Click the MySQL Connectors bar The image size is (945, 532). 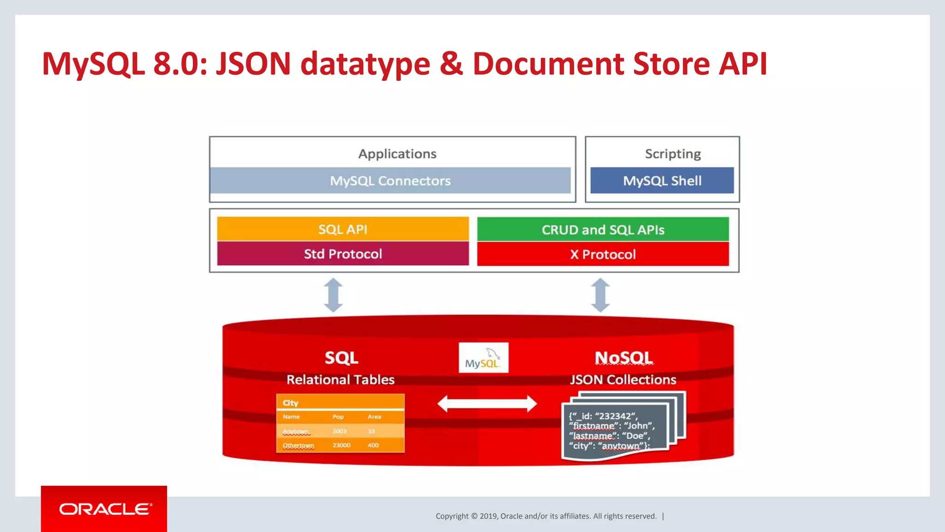(x=390, y=181)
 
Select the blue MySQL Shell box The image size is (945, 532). (x=662, y=181)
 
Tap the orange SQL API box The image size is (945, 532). (x=342, y=229)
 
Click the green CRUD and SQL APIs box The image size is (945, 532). (x=603, y=230)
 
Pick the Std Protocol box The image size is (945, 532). (x=342, y=254)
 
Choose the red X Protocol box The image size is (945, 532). (x=603, y=254)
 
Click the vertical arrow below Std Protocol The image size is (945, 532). (x=333, y=295)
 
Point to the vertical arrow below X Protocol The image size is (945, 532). (x=600, y=295)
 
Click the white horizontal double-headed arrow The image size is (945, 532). (x=487, y=404)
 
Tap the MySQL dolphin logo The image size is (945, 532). (x=483, y=357)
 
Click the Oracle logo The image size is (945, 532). (x=104, y=509)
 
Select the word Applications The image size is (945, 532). (x=397, y=154)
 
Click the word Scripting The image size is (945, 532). (x=672, y=154)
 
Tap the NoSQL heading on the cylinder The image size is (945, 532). (x=623, y=358)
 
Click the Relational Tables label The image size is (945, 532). (x=341, y=380)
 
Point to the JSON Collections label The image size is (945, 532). (x=623, y=380)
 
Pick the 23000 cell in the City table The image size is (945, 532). (x=341, y=445)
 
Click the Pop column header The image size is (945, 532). (x=338, y=417)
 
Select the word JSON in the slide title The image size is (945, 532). (x=253, y=64)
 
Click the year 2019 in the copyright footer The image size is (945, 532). (x=488, y=516)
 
